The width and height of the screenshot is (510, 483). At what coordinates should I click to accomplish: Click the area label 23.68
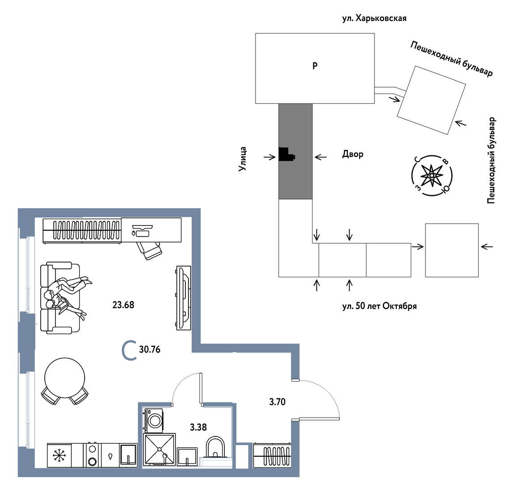click(123, 305)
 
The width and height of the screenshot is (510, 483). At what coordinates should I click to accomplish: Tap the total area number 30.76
click(150, 350)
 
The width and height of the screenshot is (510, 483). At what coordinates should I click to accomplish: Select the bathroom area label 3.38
click(198, 428)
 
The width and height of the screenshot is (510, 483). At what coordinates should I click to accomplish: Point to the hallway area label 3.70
click(277, 402)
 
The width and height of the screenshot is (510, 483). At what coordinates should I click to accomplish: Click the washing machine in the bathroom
click(154, 420)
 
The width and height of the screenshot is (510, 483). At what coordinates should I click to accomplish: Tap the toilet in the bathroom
click(215, 448)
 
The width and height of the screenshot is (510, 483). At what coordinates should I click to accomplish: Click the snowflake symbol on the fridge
click(59, 456)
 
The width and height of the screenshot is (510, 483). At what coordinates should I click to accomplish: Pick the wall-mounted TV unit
click(183, 298)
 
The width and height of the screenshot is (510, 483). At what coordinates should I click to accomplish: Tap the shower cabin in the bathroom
click(159, 449)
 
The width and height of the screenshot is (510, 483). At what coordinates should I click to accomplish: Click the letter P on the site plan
click(315, 66)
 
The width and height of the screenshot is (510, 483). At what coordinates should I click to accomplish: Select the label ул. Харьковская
click(374, 19)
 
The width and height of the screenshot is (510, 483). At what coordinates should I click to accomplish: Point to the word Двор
click(353, 154)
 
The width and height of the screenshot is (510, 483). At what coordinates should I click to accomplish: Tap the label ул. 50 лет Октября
click(379, 306)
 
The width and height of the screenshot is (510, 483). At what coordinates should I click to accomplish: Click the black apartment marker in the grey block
click(286, 154)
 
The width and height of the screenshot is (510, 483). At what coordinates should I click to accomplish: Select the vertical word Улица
click(243, 159)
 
